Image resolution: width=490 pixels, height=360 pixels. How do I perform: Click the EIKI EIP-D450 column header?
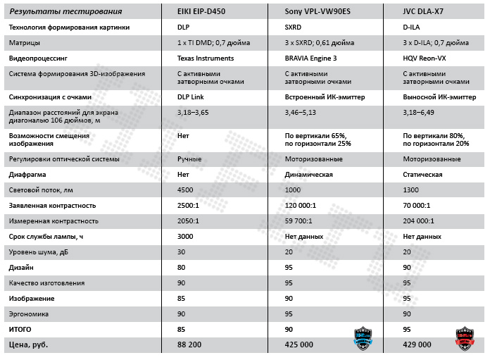click(210, 11)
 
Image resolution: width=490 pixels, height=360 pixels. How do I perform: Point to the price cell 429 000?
click(417, 345)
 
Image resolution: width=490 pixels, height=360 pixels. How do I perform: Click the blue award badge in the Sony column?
click(362, 337)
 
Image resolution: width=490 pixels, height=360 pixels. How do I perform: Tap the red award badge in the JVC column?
click(465, 337)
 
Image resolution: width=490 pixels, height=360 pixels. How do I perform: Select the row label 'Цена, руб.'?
click(32, 345)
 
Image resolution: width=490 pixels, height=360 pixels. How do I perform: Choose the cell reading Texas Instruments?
click(206, 58)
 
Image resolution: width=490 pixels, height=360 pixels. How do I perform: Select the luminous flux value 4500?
click(186, 190)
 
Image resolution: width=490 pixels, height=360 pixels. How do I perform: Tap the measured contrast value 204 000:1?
click(419, 221)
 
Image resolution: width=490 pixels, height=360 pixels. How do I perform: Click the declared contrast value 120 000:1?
click(301, 206)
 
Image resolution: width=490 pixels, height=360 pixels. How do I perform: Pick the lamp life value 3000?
click(186, 237)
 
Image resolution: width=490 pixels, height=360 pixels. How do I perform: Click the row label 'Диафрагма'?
click(30, 174)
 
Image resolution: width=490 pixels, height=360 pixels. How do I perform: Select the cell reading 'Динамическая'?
click(308, 174)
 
